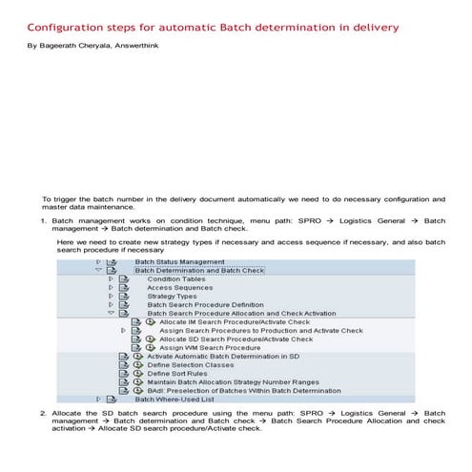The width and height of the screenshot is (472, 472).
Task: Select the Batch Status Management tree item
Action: coord(179,260)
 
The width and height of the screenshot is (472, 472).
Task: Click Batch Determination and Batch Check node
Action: coord(198,270)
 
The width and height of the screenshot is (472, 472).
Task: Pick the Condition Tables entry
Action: coord(175,278)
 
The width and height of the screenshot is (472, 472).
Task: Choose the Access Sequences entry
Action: coord(179,287)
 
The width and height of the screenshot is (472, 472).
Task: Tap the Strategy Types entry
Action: coord(172,296)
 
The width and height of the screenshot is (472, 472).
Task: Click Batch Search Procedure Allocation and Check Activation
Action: coord(241,313)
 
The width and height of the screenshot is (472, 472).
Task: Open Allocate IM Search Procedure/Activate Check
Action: coord(236,322)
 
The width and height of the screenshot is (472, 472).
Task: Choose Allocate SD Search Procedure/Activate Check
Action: coord(236,339)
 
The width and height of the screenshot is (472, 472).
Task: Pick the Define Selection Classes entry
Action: coord(191,365)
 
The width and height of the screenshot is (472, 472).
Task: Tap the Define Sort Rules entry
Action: coord(177,374)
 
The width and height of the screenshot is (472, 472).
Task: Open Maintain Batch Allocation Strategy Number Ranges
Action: coord(233,382)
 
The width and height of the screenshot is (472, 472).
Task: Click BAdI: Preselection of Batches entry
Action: coord(243,391)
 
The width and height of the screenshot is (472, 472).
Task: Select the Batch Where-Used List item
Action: coord(174,400)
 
